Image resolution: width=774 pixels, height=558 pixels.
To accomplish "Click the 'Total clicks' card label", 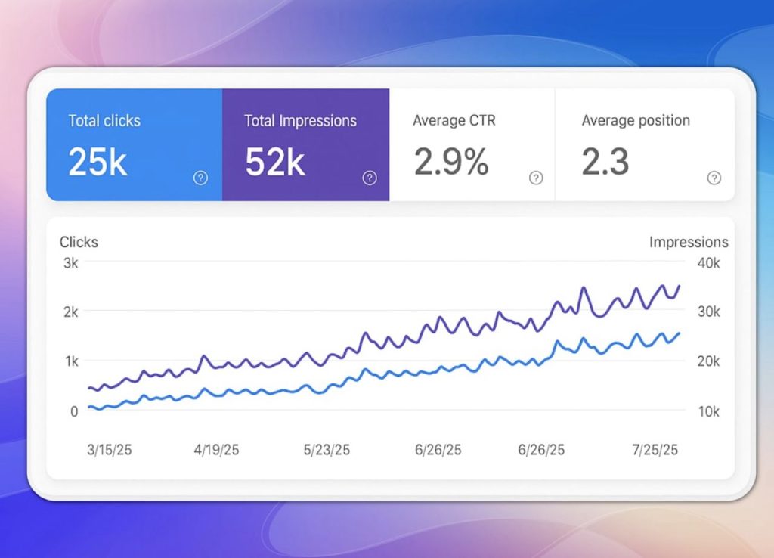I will [104, 120].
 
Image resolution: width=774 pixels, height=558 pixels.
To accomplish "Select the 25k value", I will [98, 162].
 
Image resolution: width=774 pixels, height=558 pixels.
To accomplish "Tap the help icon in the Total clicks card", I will [200, 178].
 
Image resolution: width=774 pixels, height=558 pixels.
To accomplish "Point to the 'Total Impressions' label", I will [300, 120].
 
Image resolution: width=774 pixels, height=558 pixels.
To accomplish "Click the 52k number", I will [274, 162].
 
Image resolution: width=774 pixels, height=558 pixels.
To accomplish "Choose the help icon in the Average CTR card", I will [535, 178].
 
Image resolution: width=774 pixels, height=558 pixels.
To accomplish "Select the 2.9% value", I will [450, 162].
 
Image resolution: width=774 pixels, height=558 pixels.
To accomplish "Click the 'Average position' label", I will [636, 120].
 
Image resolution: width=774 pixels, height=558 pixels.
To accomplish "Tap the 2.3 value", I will [605, 162].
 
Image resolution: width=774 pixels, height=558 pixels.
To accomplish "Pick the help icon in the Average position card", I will [714, 178].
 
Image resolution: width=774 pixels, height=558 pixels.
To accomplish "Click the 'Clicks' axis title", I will [79, 242].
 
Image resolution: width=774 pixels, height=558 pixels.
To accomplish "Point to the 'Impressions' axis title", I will [689, 242].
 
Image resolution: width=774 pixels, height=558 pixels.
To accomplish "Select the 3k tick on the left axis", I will [70, 263].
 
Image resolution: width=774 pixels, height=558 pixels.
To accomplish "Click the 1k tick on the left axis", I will [70, 361].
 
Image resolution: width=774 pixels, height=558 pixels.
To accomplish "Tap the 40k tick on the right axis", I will [707, 263].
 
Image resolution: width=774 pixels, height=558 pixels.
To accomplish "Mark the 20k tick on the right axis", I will [707, 361].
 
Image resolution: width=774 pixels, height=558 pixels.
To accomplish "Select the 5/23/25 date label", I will [327, 450].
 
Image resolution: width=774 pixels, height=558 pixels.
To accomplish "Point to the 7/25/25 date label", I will [655, 450].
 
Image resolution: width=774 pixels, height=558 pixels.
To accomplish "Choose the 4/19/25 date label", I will [216, 450].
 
